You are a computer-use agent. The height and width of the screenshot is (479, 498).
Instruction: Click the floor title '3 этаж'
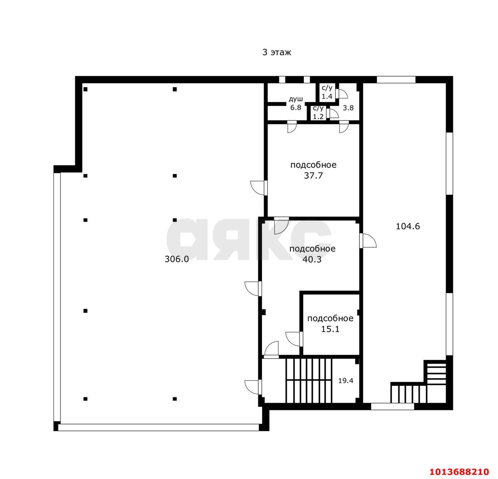(277, 52)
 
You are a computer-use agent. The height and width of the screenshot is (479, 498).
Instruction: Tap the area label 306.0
(177, 259)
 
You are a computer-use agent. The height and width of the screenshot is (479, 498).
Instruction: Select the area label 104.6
(408, 226)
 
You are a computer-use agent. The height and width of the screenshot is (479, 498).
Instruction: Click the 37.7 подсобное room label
(313, 170)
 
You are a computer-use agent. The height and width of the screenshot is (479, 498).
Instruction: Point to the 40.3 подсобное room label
(312, 254)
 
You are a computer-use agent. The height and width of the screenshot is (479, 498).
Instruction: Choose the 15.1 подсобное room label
(330, 323)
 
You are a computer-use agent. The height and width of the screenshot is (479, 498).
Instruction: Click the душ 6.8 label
(296, 103)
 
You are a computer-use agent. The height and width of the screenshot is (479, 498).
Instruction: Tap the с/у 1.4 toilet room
(327, 92)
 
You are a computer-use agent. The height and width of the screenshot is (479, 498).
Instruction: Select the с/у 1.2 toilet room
(318, 112)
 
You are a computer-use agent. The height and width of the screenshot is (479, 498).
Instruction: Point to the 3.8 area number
(348, 108)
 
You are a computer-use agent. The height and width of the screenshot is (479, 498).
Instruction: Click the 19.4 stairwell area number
(346, 381)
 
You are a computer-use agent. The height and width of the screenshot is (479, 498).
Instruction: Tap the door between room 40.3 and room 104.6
(368, 241)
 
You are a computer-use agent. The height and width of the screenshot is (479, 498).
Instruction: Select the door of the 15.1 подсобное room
(294, 339)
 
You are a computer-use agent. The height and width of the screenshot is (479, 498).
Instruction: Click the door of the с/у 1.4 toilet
(341, 94)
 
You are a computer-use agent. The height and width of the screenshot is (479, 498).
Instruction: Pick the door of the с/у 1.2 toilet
(333, 114)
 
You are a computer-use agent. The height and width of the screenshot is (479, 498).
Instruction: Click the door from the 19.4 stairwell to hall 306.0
(253, 387)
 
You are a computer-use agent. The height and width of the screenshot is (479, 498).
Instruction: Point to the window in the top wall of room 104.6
(396, 80)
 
